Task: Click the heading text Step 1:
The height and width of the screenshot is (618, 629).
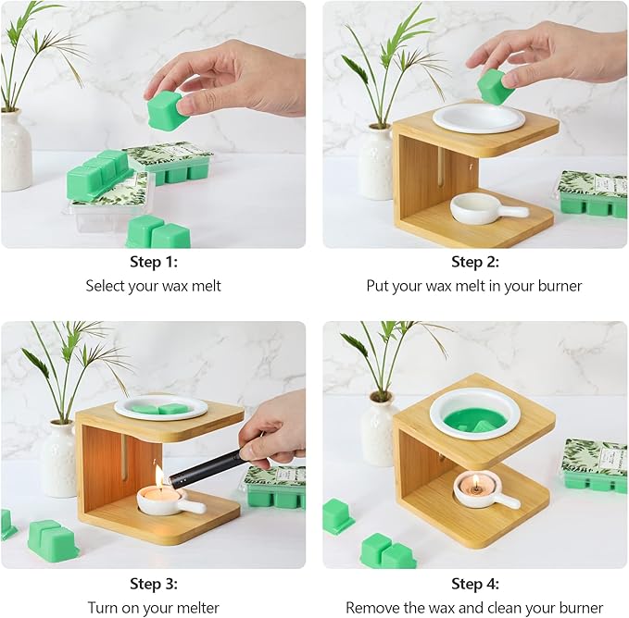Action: pyautogui.click(x=154, y=262)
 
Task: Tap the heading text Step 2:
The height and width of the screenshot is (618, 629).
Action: pyautogui.click(x=475, y=262)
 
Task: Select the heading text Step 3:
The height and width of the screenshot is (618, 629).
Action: pyautogui.click(x=154, y=584)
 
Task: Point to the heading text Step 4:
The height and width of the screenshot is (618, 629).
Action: pyautogui.click(x=475, y=584)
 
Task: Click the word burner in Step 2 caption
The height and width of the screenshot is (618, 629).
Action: pyautogui.click(x=560, y=286)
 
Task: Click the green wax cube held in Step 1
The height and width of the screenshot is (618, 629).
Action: pyautogui.click(x=166, y=110)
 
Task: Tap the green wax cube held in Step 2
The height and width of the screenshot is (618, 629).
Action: pyautogui.click(x=495, y=87)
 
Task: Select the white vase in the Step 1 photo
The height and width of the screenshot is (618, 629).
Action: pyautogui.click(x=16, y=149)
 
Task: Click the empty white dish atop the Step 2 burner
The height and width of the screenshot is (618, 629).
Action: pyautogui.click(x=479, y=117)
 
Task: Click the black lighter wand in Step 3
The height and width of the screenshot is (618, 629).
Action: pyautogui.click(x=208, y=464)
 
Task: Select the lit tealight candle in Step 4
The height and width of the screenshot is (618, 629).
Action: pyautogui.click(x=475, y=484)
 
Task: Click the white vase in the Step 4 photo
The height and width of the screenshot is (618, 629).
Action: pyautogui.click(x=378, y=430)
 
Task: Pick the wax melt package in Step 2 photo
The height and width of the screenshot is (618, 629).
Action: pyautogui.click(x=592, y=194)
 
